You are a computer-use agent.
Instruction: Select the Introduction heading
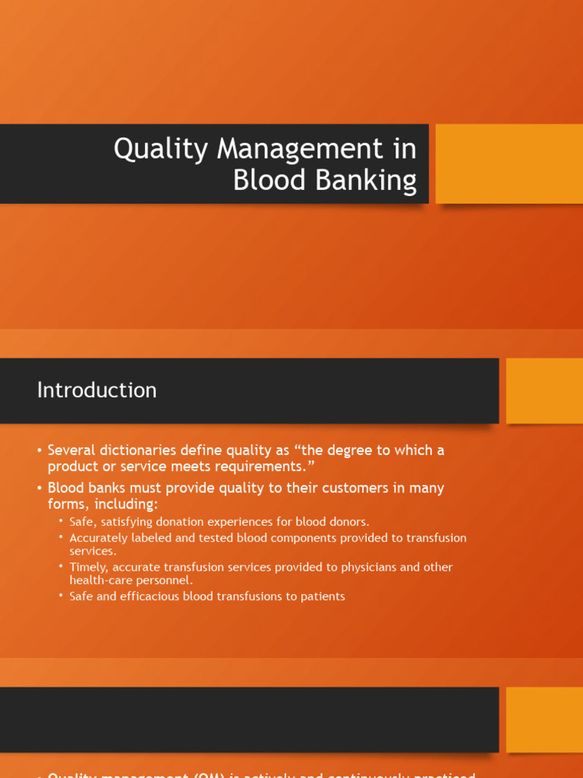97,391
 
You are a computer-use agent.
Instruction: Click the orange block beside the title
509,164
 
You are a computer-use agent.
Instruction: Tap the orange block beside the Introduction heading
544,391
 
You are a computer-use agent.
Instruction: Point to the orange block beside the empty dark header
544,719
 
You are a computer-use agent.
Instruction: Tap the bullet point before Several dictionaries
39,451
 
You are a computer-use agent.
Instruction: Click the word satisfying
128,522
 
